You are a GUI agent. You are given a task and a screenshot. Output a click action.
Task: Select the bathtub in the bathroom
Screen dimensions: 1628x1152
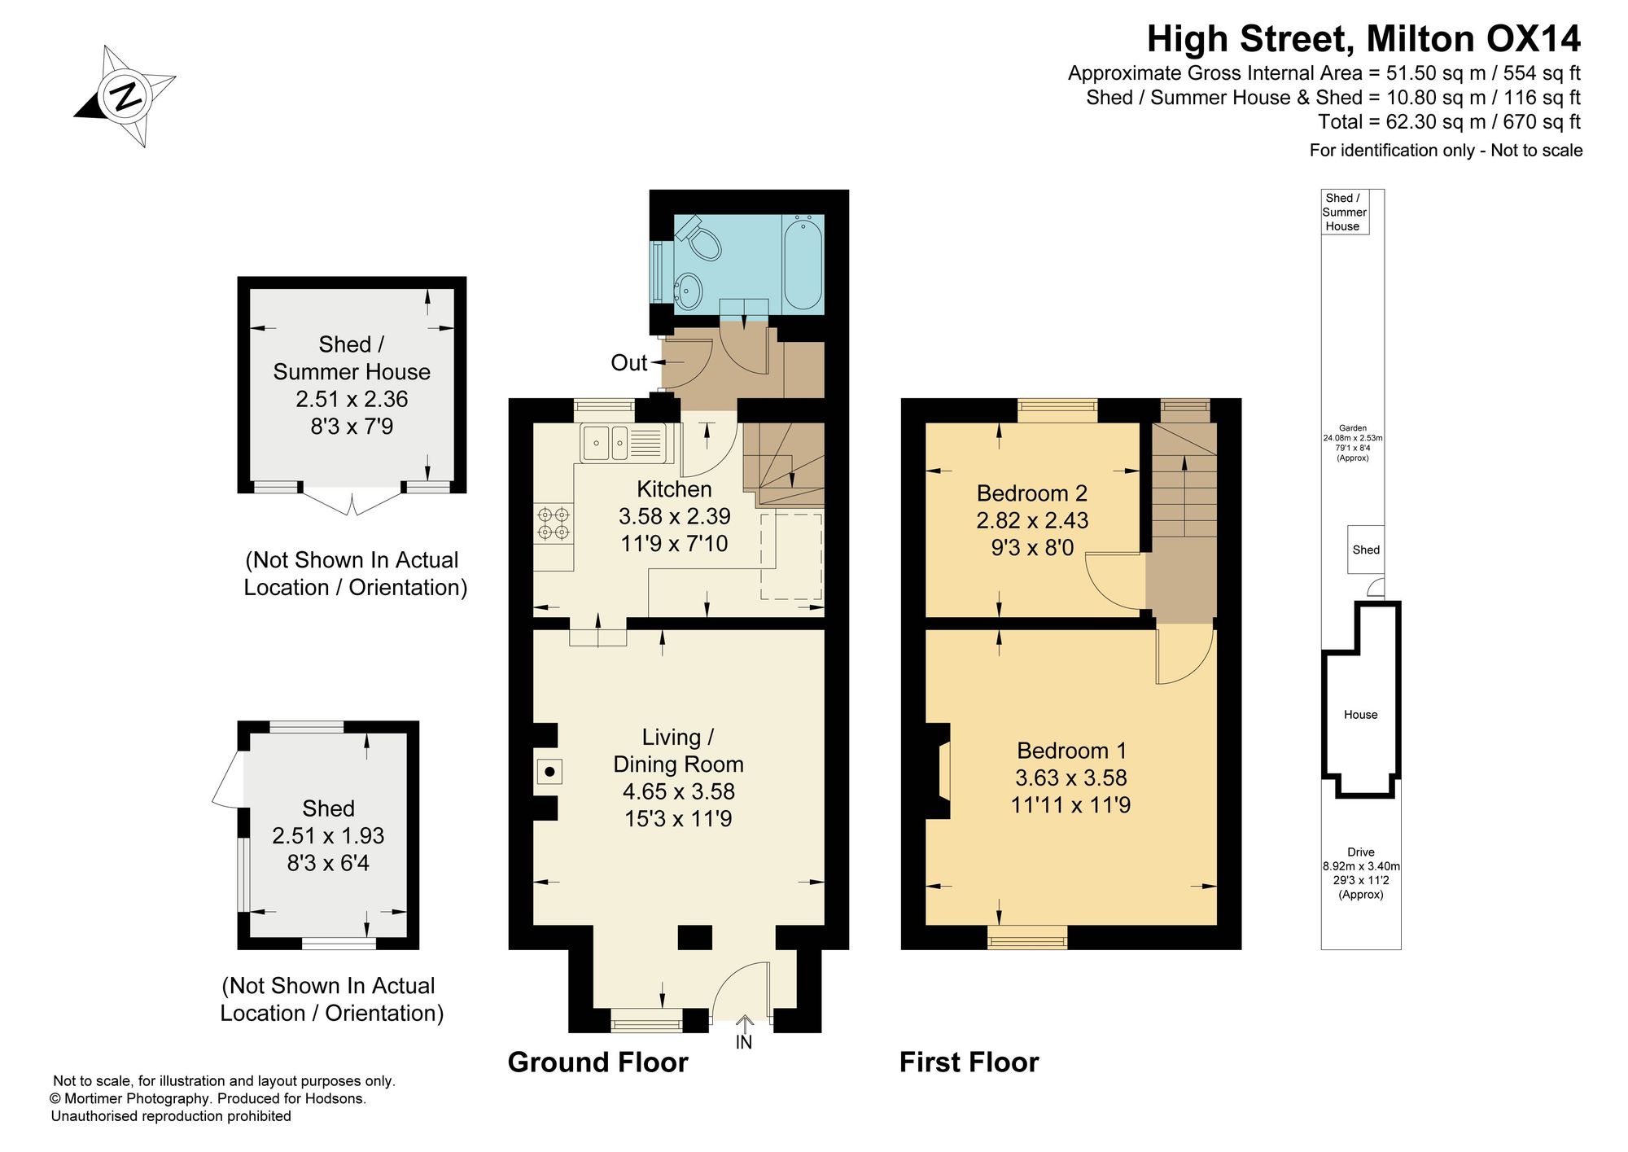803,262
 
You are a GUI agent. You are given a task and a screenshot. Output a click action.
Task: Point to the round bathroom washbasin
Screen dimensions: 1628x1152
690,289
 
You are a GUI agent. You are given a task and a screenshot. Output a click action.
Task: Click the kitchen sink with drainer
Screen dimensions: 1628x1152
622,443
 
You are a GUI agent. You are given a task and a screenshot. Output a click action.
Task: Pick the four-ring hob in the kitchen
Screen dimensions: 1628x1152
554,523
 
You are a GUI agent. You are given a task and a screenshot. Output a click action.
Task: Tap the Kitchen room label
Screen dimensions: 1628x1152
674,489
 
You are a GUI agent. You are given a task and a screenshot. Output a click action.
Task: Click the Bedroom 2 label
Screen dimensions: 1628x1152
1032,493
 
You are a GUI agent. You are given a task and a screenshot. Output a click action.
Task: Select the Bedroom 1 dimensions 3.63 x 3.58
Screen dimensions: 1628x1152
1070,777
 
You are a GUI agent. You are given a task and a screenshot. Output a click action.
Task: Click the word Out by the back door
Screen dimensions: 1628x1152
628,363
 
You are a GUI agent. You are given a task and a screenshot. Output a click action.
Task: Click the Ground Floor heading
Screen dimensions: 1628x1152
598,1062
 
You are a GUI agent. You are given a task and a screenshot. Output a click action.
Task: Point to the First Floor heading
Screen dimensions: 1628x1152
969,1062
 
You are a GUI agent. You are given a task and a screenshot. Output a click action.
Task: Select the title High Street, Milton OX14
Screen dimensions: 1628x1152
1364,38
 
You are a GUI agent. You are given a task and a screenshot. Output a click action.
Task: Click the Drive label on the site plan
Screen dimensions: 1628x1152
1361,852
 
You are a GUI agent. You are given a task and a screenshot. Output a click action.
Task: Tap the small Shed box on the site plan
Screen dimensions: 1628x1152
1366,550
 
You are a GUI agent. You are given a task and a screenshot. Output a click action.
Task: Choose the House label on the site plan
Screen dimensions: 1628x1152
1361,715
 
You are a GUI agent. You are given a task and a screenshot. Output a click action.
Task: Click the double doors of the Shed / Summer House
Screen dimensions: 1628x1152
352,502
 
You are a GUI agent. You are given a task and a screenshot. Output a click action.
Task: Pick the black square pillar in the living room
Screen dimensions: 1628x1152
695,937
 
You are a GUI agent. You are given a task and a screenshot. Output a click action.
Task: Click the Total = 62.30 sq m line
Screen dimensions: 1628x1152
1450,122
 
